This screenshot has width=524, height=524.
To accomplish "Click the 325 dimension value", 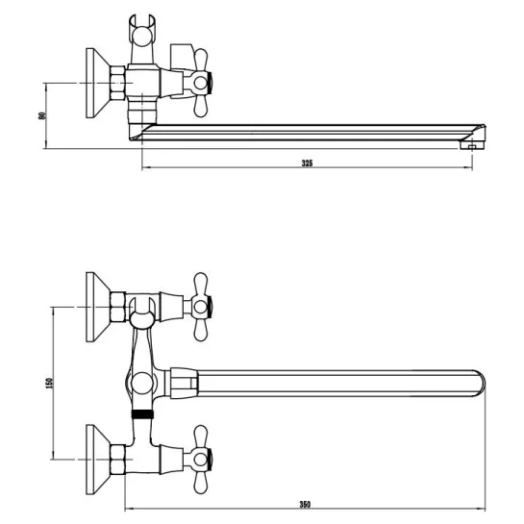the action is click(307, 163).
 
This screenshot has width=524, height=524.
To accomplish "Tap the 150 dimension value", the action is click(49, 383).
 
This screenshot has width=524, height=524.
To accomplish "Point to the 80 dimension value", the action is click(42, 115).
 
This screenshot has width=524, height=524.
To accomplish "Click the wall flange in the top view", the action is click(98, 83).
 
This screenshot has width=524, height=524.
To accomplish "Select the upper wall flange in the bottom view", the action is click(98, 307).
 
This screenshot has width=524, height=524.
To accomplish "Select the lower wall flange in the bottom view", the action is click(98, 460).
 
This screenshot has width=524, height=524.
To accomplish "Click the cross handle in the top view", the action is click(201, 83).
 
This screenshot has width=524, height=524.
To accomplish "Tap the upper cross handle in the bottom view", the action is click(201, 307).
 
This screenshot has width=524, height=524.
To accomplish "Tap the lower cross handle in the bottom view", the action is click(201, 460).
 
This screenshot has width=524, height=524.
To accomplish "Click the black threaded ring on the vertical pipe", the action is click(142, 414).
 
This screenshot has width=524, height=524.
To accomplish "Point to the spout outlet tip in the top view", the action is click(472, 145).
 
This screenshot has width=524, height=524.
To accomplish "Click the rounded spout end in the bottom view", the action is click(479, 384).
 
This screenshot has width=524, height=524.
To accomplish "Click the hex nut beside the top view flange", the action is click(117, 83).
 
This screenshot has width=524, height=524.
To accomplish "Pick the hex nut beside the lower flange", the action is click(117, 460).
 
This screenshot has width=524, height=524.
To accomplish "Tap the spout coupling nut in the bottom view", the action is click(184, 384).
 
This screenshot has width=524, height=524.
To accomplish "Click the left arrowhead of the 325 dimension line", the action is click(145, 167).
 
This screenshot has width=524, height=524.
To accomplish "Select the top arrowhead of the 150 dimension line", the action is click(54, 310).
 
